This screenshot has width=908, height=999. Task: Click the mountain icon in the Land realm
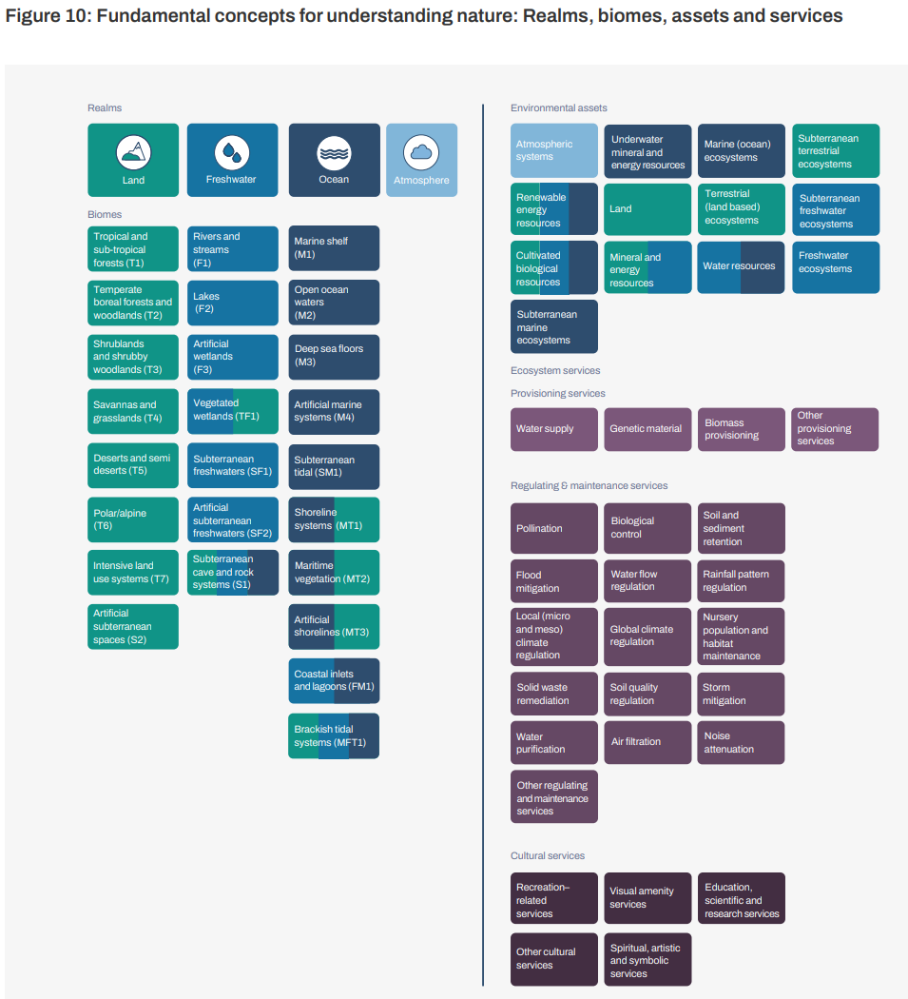point(134,152)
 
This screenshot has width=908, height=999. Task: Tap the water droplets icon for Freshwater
point(232,152)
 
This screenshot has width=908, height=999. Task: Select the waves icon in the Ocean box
point(334,153)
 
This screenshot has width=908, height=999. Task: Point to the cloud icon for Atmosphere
point(421,153)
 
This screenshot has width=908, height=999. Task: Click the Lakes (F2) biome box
point(232,303)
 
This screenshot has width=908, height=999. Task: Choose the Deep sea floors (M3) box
point(334,357)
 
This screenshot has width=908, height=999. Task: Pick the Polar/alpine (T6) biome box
point(133,519)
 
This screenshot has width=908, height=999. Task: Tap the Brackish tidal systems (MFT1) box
point(334,735)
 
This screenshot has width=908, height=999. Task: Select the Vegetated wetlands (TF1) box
point(232,411)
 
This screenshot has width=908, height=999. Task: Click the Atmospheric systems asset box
point(554,150)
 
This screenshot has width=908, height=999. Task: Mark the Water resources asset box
point(741,267)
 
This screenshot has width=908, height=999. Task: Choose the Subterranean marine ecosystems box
point(554,326)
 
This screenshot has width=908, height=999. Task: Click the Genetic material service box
point(647,429)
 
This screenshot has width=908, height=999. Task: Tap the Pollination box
point(554,528)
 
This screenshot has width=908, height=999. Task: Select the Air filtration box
point(647,742)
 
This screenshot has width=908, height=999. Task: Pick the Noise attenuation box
point(741,742)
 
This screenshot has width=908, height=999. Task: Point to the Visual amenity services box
point(647,898)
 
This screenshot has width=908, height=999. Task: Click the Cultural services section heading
point(548,855)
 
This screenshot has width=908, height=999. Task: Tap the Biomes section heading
point(105,215)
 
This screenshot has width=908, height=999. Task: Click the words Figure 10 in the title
point(46,16)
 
